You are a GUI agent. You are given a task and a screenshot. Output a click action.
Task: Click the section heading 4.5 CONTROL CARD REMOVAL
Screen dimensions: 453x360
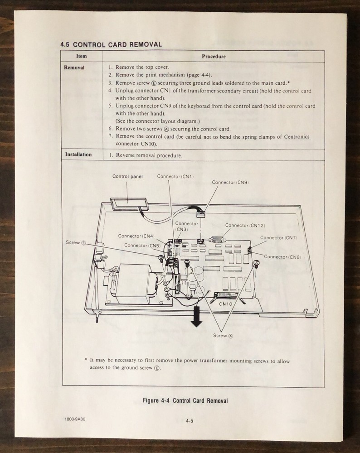click(111, 44)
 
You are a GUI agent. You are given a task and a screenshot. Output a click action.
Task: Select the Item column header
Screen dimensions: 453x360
click(82, 56)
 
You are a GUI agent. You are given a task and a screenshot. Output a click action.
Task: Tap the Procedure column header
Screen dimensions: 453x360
click(214, 57)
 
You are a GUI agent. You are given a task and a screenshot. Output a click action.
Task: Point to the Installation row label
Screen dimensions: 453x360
click(78, 154)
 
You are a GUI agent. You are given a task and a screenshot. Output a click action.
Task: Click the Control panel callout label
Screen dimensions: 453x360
click(127, 176)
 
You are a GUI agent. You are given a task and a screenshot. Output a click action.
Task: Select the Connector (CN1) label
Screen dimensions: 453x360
click(175, 176)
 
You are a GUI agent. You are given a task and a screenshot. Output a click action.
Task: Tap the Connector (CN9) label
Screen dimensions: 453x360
click(230, 182)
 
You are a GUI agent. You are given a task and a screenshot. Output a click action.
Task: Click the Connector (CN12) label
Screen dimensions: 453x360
click(245, 225)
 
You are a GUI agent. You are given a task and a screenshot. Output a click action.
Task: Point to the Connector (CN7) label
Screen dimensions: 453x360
click(279, 237)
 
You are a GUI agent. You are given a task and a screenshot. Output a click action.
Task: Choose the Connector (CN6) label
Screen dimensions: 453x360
click(282, 257)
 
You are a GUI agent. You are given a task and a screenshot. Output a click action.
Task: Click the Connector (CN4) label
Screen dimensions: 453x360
click(136, 236)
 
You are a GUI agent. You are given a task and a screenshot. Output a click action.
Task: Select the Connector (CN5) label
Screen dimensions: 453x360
click(142, 245)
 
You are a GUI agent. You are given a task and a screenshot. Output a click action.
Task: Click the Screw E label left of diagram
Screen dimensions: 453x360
click(76, 243)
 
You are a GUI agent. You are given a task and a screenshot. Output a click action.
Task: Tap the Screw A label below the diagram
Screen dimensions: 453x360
click(223, 336)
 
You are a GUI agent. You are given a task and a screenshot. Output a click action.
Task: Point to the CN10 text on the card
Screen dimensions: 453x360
click(225, 304)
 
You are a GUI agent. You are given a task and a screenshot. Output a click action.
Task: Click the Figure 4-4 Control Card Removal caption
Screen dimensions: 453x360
click(185, 400)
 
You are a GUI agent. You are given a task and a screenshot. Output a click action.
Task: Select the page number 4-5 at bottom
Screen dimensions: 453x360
click(190, 421)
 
